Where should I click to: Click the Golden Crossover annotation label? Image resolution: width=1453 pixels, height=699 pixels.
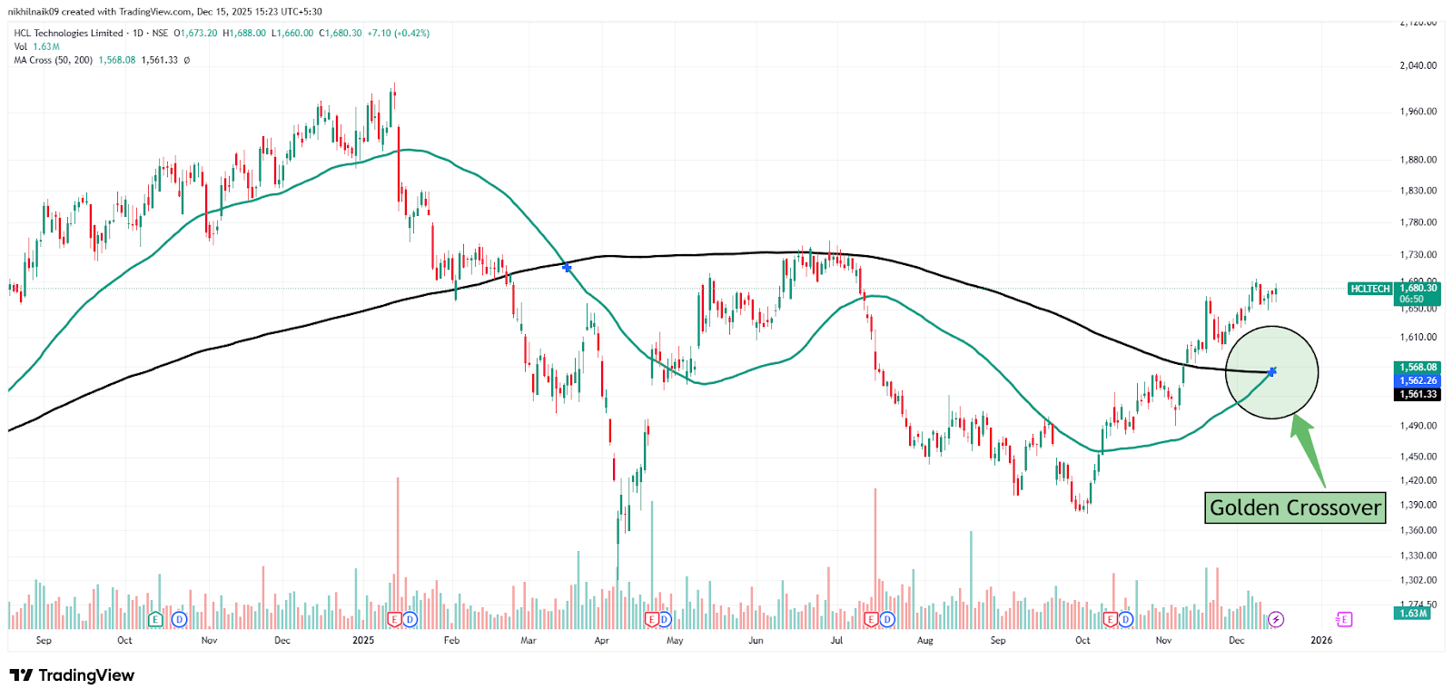coord(1295,507)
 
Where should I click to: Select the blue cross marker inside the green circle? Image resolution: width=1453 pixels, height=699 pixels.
coord(1272,371)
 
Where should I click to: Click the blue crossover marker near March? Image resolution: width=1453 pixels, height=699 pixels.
coord(567,268)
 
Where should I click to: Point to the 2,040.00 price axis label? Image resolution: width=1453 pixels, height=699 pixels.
coord(1418,65)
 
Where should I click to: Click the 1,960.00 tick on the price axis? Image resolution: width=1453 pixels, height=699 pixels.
coord(1418,112)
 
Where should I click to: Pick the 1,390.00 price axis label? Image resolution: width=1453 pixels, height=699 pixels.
coord(1418,505)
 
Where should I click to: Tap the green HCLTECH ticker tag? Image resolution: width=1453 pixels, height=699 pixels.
coord(1369,289)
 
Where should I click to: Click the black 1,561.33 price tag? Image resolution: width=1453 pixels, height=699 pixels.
coord(1418,394)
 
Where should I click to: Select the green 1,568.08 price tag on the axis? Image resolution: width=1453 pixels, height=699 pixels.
coord(1418,368)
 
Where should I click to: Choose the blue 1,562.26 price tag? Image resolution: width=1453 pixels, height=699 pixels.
coord(1418,380)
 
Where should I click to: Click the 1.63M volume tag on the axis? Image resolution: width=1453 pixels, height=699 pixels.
coord(1412,614)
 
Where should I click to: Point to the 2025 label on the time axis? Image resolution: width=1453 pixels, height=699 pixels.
coord(363,640)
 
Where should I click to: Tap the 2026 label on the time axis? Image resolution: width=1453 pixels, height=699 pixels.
coord(1321,640)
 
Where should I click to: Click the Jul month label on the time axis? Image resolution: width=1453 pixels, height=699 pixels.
coord(836,640)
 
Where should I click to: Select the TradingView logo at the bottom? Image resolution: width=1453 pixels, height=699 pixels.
coord(72,675)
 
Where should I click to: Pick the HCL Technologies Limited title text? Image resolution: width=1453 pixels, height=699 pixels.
coord(68,33)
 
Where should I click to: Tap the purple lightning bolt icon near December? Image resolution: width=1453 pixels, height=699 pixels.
coord(1276,619)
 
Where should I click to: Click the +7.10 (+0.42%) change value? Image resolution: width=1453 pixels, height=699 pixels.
coord(398,33)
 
